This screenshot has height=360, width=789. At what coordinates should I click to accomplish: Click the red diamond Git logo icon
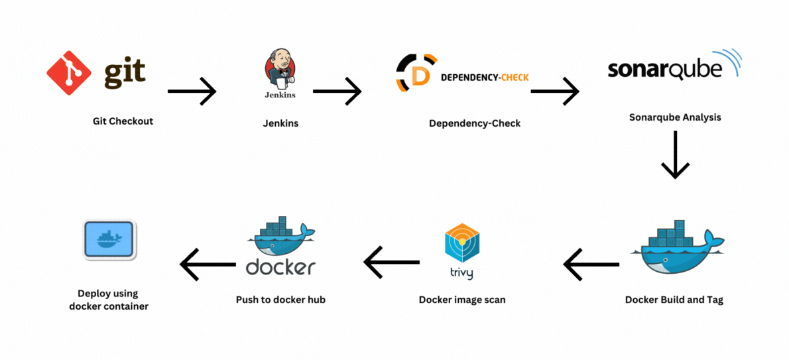pyautogui.click(x=69, y=73)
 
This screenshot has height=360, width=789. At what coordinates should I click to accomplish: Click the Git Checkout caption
pyautogui.click(x=123, y=121)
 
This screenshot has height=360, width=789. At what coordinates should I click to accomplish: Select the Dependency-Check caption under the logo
pyautogui.click(x=474, y=123)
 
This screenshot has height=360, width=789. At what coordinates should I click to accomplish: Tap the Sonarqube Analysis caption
pyautogui.click(x=674, y=117)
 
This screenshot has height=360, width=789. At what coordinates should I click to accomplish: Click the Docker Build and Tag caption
pyautogui.click(x=674, y=300)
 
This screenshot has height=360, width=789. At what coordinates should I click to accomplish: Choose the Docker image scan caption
pyautogui.click(x=461, y=300)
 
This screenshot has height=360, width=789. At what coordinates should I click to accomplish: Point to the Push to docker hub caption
pyautogui.click(x=280, y=300)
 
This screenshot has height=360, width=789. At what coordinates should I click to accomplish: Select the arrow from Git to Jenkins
pyautogui.click(x=192, y=91)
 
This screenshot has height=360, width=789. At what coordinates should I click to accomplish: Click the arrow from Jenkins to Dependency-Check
pyautogui.click(x=337, y=91)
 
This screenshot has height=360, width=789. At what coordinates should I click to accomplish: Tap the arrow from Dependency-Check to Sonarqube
pyautogui.click(x=555, y=91)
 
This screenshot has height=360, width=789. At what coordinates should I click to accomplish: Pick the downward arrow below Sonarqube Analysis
pyautogui.click(x=675, y=154)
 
